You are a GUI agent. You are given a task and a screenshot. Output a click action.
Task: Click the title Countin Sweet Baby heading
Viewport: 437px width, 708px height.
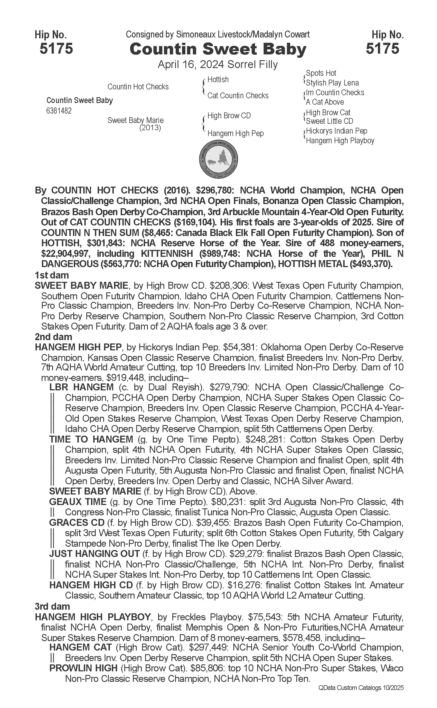click(x=218, y=49)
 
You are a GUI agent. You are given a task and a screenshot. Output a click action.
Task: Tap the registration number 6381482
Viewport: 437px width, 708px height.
click(x=59, y=111)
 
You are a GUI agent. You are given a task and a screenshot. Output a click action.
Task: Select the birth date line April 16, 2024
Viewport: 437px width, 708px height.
click(x=218, y=64)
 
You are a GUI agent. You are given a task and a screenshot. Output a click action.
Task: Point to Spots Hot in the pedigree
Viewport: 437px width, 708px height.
click(x=321, y=73)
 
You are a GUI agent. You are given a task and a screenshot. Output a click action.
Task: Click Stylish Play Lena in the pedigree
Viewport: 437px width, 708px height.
click(x=332, y=83)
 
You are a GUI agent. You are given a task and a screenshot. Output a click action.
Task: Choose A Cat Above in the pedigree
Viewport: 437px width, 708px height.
click(x=325, y=102)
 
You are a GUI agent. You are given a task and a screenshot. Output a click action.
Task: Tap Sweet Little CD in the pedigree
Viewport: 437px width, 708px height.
click(x=330, y=121)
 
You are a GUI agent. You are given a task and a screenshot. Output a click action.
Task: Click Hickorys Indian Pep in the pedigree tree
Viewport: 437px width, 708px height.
click(x=336, y=131)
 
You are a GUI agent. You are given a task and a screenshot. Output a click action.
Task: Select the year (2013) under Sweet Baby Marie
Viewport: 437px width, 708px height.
click(x=150, y=127)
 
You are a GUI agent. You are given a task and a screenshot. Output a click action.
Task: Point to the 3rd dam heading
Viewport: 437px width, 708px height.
click(x=52, y=606)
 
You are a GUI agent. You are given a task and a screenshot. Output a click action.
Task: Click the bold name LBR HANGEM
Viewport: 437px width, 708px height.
click(x=82, y=387)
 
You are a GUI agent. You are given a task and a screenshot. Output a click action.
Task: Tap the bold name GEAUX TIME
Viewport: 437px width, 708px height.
click(x=78, y=501)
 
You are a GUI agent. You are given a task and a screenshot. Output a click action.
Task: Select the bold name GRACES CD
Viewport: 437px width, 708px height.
click(x=77, y=523)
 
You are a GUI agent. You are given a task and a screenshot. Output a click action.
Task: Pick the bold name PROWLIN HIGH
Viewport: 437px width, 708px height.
click(x=84, y=668)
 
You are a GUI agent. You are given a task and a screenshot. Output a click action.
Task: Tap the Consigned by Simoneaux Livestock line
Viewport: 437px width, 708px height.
click(x=218, y=35)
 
